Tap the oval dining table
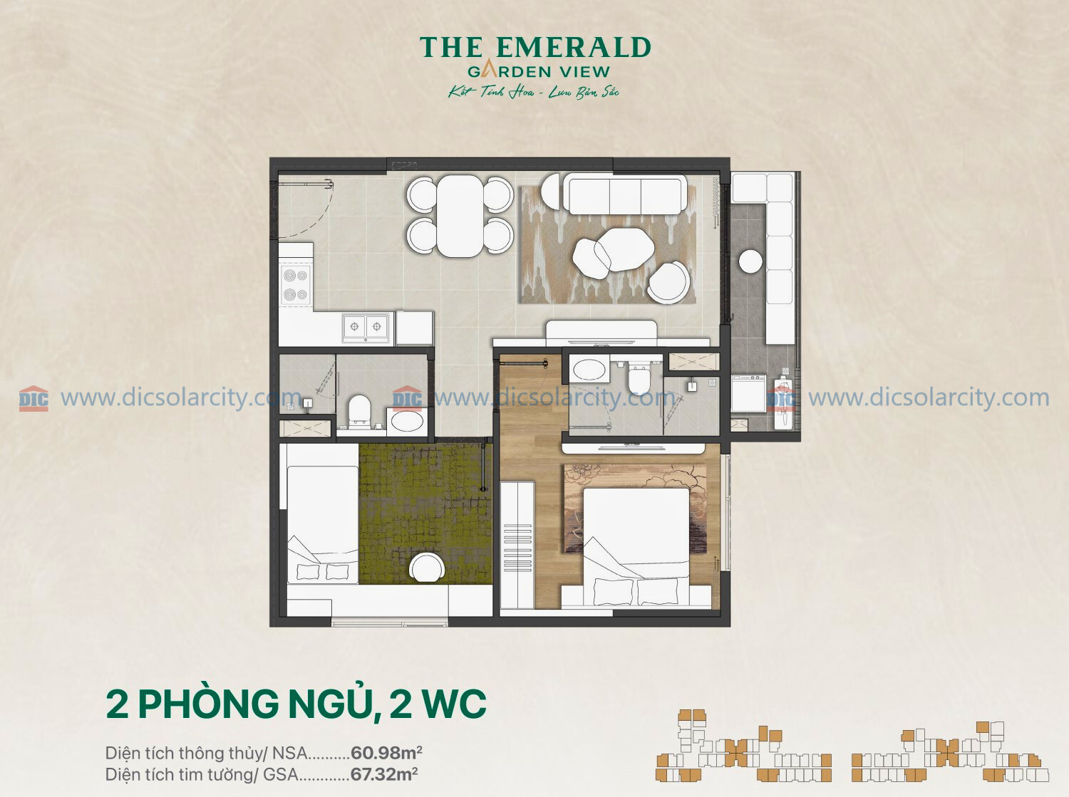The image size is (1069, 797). tap(460, 216)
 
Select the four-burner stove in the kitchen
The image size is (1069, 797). tap(296, 285)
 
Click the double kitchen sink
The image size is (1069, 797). tap(366, 326)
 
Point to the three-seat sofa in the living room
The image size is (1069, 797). tap(625, 194)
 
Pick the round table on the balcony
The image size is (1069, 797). tap(750, 262)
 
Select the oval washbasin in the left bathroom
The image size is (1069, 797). tap(407, 421)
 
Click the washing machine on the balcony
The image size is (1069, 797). tap(748, 393)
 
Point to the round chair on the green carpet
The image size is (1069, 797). tap(427, 568)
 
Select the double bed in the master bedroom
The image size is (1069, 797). tap(636, 546)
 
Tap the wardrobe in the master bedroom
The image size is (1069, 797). tap(517, 544)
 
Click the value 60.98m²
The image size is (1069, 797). tap(386, 753)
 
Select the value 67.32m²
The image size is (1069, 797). tap(384, 773)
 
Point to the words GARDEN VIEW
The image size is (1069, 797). tap(539, 72)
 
